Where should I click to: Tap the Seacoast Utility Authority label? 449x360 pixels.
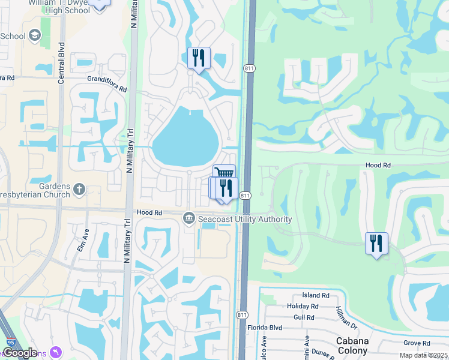click(x=246, y=220)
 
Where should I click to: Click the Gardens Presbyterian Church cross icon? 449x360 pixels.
click(x=79, y=190)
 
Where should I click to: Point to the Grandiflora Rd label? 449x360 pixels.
click(x=107, y=83)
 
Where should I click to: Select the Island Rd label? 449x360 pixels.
click(x=316, y=295)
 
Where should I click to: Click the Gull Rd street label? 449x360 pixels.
click(x=304, y=317)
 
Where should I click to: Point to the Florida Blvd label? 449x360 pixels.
click(x=265, y=328)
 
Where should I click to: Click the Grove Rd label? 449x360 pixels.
click(x=417, y=343)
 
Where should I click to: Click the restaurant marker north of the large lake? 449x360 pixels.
click(x=199, y=58)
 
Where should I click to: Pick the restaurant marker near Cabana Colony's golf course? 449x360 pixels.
click(x=376, y=243)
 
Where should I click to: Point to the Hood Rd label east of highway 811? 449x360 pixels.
click(x=378, y=164)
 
